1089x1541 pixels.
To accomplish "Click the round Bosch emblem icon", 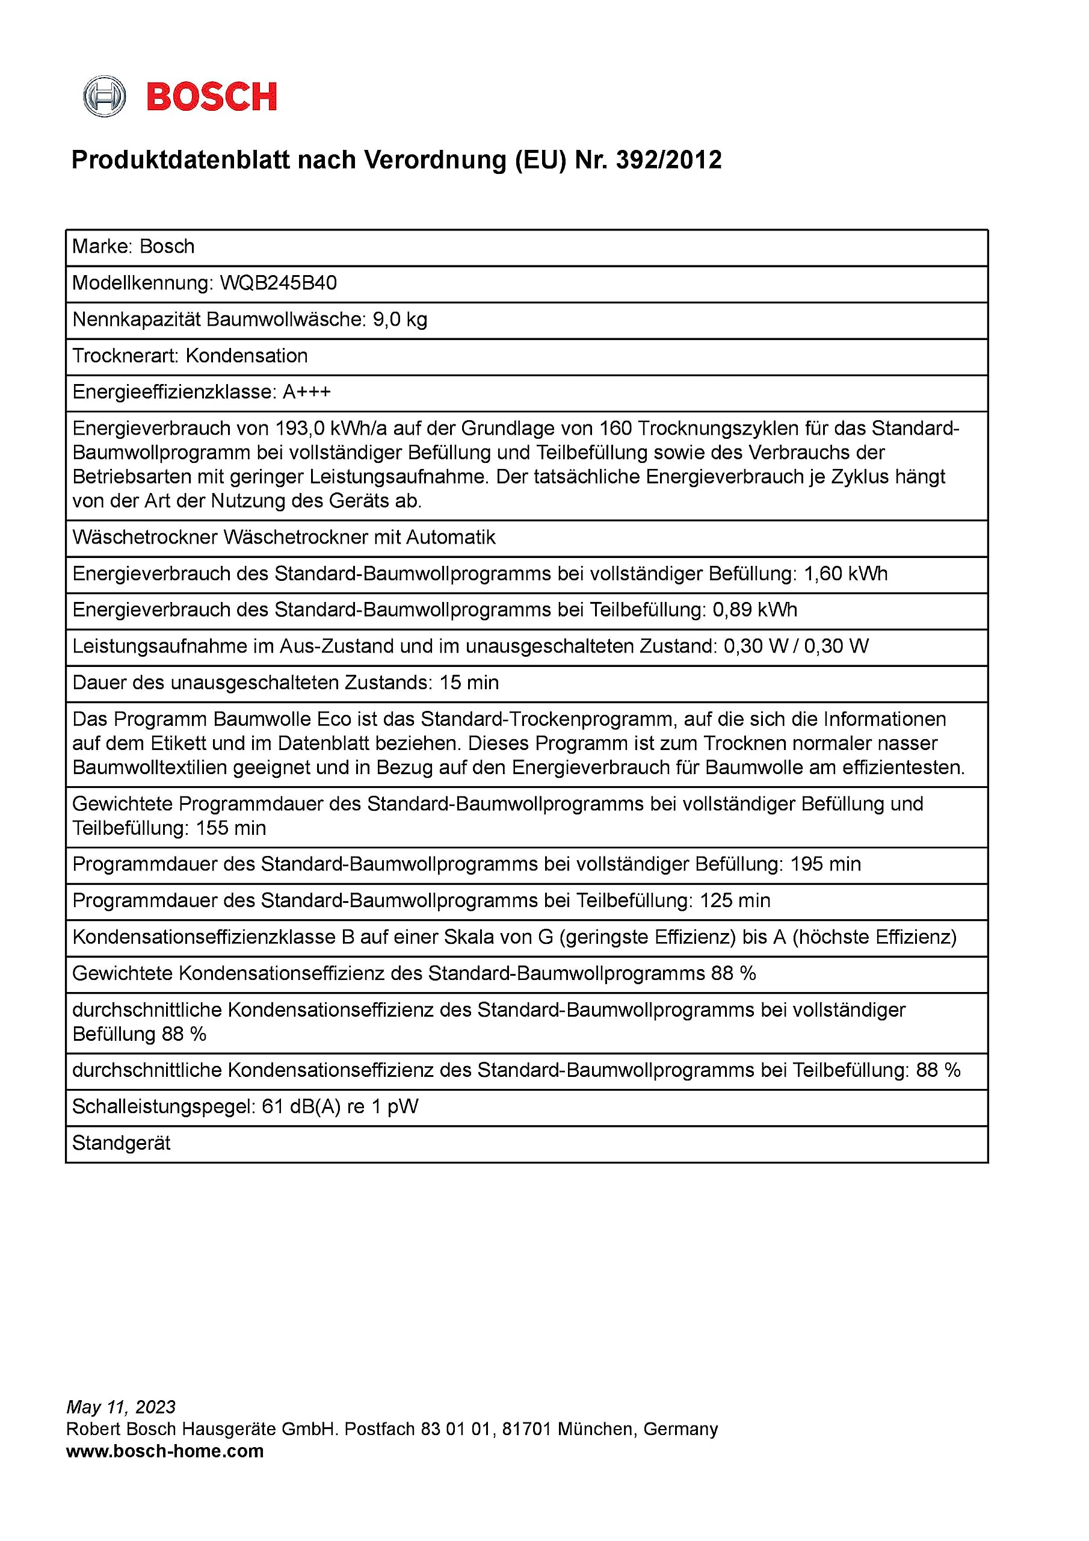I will pyautogui.click(x=104, y=97).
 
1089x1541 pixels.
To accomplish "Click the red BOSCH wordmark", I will pyautogui.click(x=211, y=98).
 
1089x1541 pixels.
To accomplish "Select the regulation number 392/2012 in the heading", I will pyautogui.click(x=668, y=160).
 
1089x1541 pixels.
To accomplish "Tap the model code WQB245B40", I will pyautogui.click(x=279, y=284).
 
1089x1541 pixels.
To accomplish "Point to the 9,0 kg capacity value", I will pyautogui.click(x=400, y=320).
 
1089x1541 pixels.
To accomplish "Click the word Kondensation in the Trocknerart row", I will pyautogui.click(x=246, y=356).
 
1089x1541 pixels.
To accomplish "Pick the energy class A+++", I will pyautogui.click(x=307, y=392).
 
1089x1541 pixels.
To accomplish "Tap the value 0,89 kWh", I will pyautogui.click(x=755, y=610).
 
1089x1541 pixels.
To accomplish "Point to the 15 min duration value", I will pyautogui.click(x=469, y=683).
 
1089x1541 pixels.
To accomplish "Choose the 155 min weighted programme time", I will pyautogui.click(x=231, y=828).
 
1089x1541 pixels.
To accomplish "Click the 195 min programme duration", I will pyautogui.click(x=825, y=864).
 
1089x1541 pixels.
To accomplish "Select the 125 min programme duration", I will pyautogui.click(x=735, y=901).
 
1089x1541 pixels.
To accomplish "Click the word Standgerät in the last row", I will pyautogui.click(x=122, y=1143).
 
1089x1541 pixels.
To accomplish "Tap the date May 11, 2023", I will pyautogui.click(x=121, y=1407).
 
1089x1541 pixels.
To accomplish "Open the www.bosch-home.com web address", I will pyautogui.click(x=165, y=1451).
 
